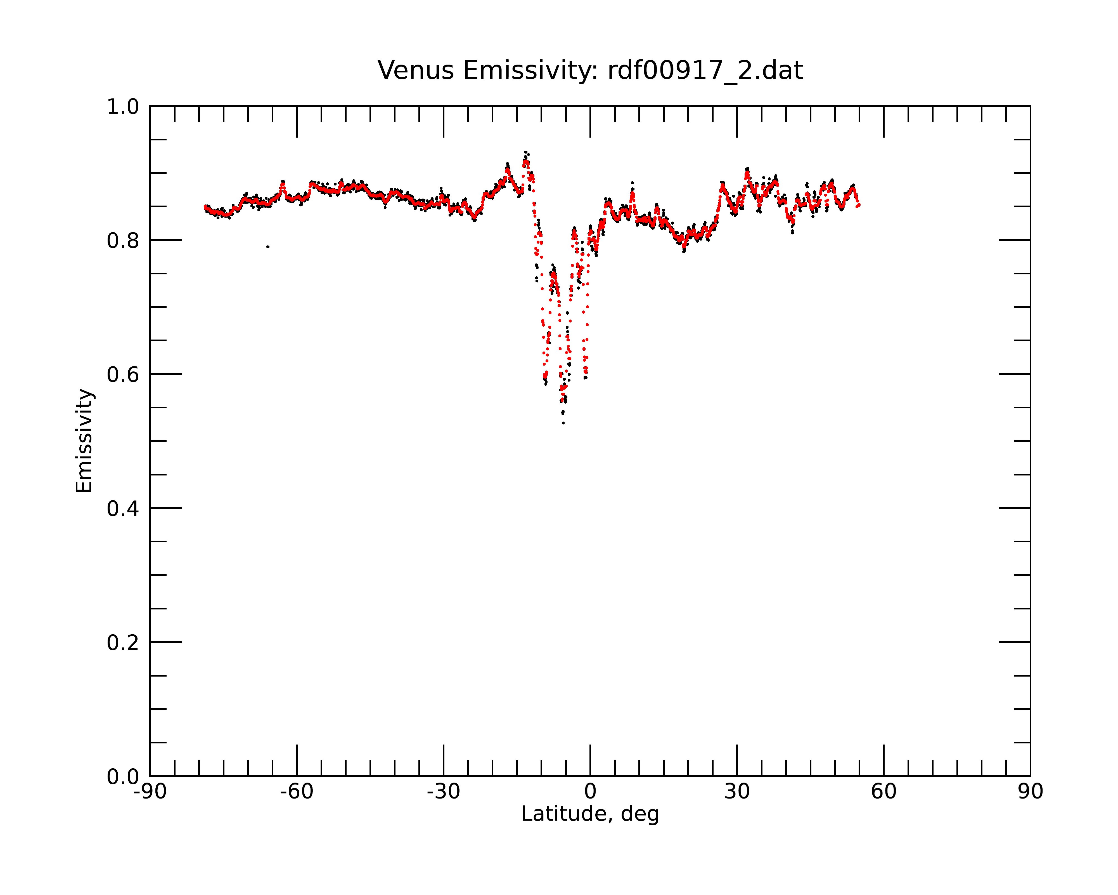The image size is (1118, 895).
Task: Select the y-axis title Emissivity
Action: tap(84, 441)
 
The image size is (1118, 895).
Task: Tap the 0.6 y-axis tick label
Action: tap(123, 375)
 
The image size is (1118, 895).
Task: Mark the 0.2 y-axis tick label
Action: tap(123, 643)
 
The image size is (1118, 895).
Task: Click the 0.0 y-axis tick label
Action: tap(123, 777)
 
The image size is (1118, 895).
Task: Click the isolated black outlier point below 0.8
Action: tap(267, 247)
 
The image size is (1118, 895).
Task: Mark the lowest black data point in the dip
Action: tap(563, 423)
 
